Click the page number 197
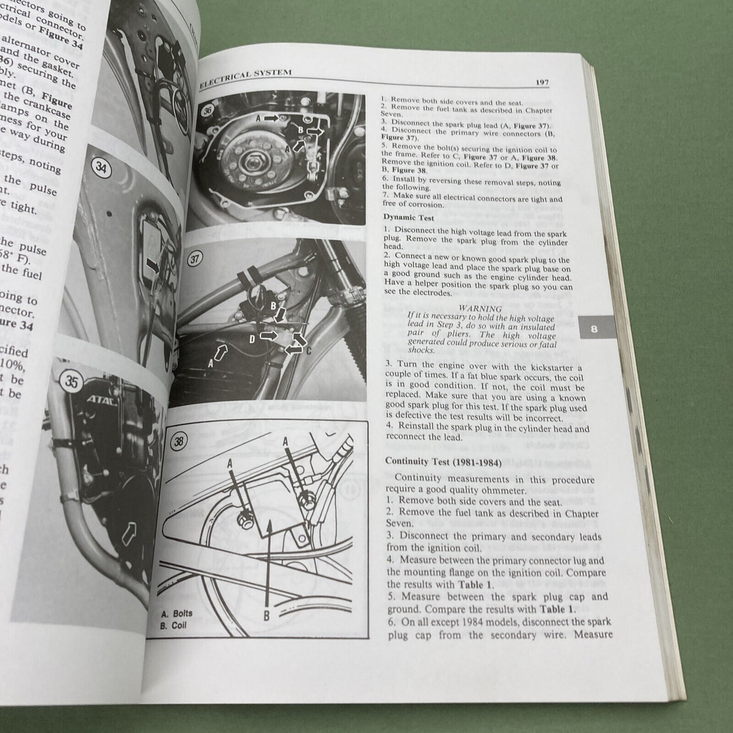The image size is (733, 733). (x=542, y=82)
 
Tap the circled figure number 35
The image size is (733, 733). (x=72, y=381)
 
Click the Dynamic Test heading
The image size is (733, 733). (x=408, y=218)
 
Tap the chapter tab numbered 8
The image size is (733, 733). (x=594, y=329)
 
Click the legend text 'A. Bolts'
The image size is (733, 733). (x=176, y=613)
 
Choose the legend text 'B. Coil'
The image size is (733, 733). (x=173, y=625)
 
